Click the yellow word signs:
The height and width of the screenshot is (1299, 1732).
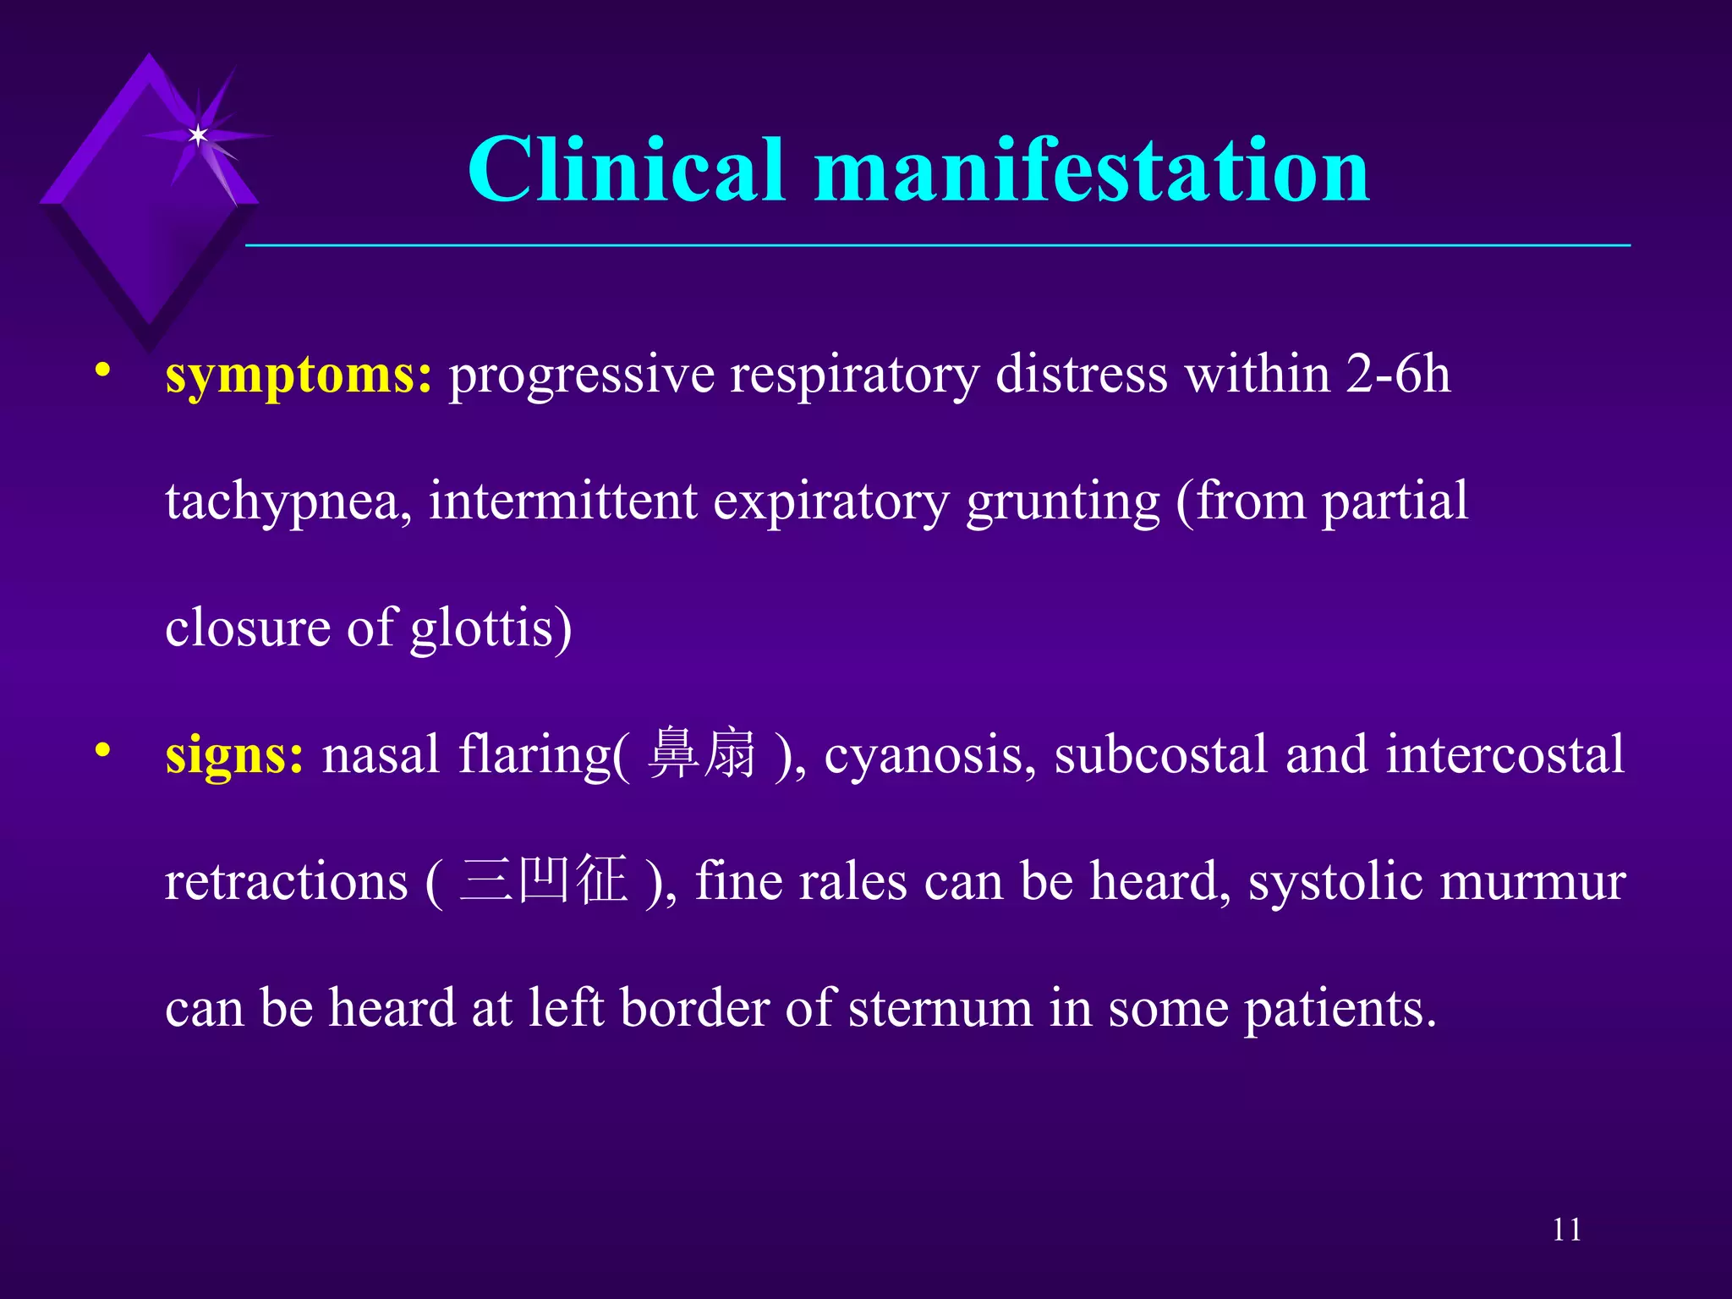pyautogui.click(x=234, y=754)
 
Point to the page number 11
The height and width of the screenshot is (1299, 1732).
pyautogui.click(x=1566, y=1230)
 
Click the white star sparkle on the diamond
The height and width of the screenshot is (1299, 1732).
pyautogui.click(x=198, y=135)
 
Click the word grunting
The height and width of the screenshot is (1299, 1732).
pyautogui.click(x=1062, y=502)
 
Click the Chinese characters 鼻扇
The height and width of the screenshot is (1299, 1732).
pyautogui.click(x=702, y=753)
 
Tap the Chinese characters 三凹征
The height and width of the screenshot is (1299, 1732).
pyautogui.click(x=544, y=880)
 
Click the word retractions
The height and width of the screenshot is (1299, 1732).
pyautogui.click(x=286, y=882)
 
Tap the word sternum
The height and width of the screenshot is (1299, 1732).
pyautogui.click(x=940, y=1009)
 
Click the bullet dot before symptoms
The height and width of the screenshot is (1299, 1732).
pyautogui.click(x=103, y=370)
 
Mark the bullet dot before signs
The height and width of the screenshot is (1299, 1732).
pyautogui.click(x=103, y=750)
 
